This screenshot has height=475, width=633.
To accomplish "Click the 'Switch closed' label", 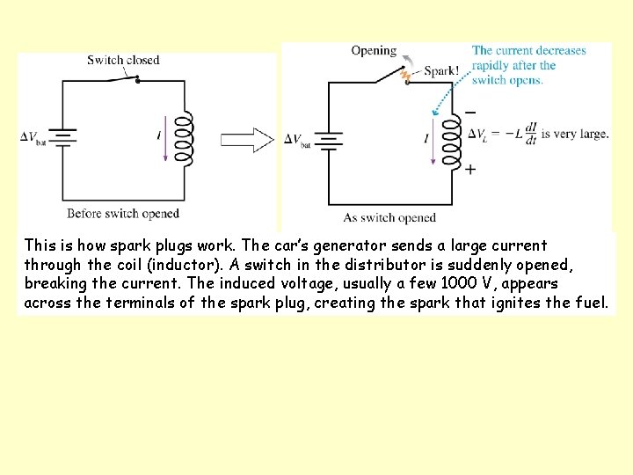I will pos(123,60).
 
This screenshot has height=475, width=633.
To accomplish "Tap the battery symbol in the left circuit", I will pos(63,136).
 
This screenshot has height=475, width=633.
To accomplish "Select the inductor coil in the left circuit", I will pos(184,138).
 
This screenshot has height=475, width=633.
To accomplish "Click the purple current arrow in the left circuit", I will pos(164,140).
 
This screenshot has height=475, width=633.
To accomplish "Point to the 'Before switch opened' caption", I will pos(123,214).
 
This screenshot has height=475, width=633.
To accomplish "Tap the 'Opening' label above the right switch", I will pos(374,51).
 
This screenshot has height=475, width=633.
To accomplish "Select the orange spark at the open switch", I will pos(405,76).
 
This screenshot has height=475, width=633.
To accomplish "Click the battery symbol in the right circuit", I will pos(329,139).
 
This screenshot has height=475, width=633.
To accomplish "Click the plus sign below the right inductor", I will pos(470,169).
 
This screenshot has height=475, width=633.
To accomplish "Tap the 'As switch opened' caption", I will pos(389,218).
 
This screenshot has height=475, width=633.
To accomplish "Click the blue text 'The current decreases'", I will pos(528,51).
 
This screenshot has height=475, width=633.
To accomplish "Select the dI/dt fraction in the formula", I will pos(530,134).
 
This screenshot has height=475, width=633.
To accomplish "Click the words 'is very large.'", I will pos(575,135).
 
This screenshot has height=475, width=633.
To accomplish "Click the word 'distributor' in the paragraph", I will pos(341,265).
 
